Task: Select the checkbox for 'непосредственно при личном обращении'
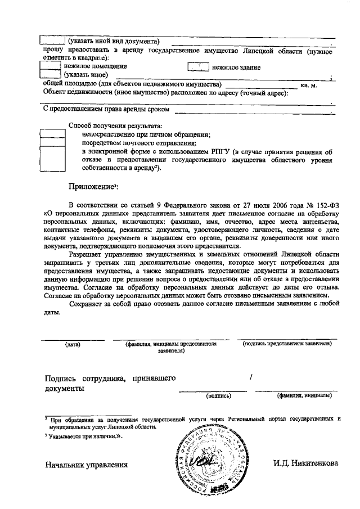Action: (53, 136)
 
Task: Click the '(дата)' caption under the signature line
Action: (73, 343)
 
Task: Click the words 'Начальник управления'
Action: (86, 465)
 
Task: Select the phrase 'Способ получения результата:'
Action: (115, 125)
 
